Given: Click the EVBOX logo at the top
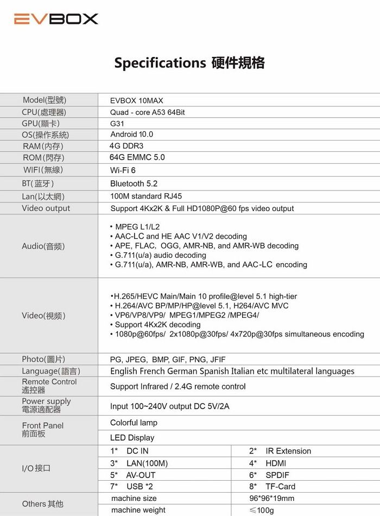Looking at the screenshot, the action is (x=56, y=19).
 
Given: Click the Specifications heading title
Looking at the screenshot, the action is (x=189, y=63).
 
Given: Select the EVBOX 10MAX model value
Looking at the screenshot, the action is (x=136, y=101).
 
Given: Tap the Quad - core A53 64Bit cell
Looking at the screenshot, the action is (x=148, y=112).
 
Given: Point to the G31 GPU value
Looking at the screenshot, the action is (x=117, y=124).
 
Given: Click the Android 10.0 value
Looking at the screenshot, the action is (x=132, y=135).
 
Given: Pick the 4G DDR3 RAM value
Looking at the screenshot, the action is (x=127, y=146).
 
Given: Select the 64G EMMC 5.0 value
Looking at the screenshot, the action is (x=137, y=157).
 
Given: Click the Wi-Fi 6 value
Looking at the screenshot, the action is (x=123, y=170).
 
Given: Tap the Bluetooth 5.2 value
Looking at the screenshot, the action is (x=134, y=184).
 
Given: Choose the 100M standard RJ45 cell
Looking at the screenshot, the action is (x=146, y=196).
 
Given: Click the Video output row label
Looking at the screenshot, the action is (x=46, y=208).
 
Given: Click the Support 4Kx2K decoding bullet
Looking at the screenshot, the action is (x=157, y=324).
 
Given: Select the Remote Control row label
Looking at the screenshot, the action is (x=49, y=386).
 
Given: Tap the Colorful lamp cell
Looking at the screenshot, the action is (x=134, y=423).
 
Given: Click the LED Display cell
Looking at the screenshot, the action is (x=132, y=438).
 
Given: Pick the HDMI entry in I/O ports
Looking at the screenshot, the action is (x=275, y=463).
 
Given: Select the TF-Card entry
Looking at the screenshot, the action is (x=280, y=487).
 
